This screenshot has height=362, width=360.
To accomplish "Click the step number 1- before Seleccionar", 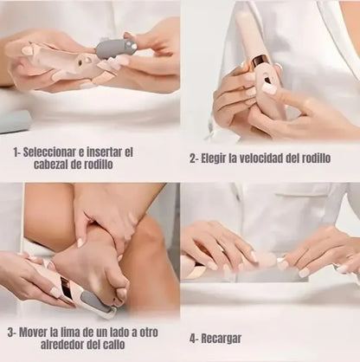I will [x=18, y=150].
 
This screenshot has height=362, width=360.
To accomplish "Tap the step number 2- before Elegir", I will [x=196, y=158].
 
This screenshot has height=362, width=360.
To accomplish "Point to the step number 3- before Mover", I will [x=13, y=330].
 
